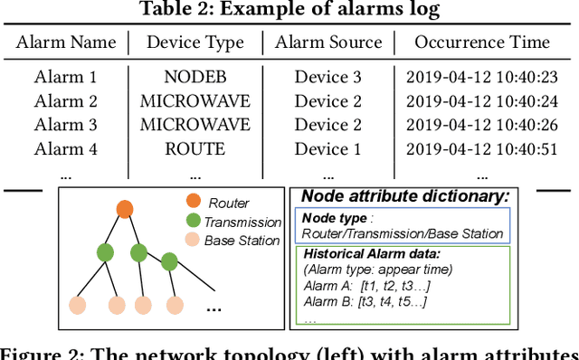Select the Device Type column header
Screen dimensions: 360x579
(195, 42)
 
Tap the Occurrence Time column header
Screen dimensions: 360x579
(482, 42)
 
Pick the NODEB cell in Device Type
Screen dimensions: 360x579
(194, 76)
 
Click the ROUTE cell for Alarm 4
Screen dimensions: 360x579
(194, 147)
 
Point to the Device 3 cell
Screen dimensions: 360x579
(327, 76)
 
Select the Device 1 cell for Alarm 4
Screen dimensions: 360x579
(327, 147)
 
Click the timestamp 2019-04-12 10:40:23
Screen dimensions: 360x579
(482, 76)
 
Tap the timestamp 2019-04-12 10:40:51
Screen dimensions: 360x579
(482, 147)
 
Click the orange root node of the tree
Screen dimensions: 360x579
(125, 210)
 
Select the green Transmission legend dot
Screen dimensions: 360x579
(192, 222)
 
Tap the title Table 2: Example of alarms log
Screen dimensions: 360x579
(289, 11)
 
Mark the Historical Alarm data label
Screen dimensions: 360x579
(373, 254)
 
